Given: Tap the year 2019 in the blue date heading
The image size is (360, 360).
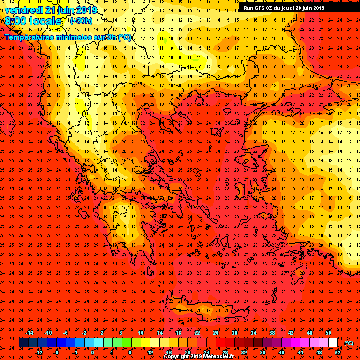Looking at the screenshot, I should pos(85,10).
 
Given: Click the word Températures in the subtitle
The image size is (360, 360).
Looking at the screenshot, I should pos(29,37).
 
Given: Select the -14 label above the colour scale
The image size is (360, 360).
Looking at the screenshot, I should pos(29,332).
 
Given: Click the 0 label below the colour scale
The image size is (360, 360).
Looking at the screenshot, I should pos(92,352).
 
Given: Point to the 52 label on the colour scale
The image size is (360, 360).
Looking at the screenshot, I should pos(337,352).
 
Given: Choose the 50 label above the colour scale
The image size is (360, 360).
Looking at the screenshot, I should pos(328,332).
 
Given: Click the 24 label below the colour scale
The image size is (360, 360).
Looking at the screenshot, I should pos(206,352).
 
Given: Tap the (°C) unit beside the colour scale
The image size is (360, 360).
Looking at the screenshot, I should pos(350,343).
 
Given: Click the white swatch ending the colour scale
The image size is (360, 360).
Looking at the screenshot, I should pos(337,343).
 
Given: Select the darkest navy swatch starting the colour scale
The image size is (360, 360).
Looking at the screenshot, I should pos(23,343).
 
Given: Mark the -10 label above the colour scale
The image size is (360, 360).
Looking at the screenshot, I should pos(47,332).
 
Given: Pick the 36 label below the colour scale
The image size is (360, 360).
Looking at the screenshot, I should pos(262,352).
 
